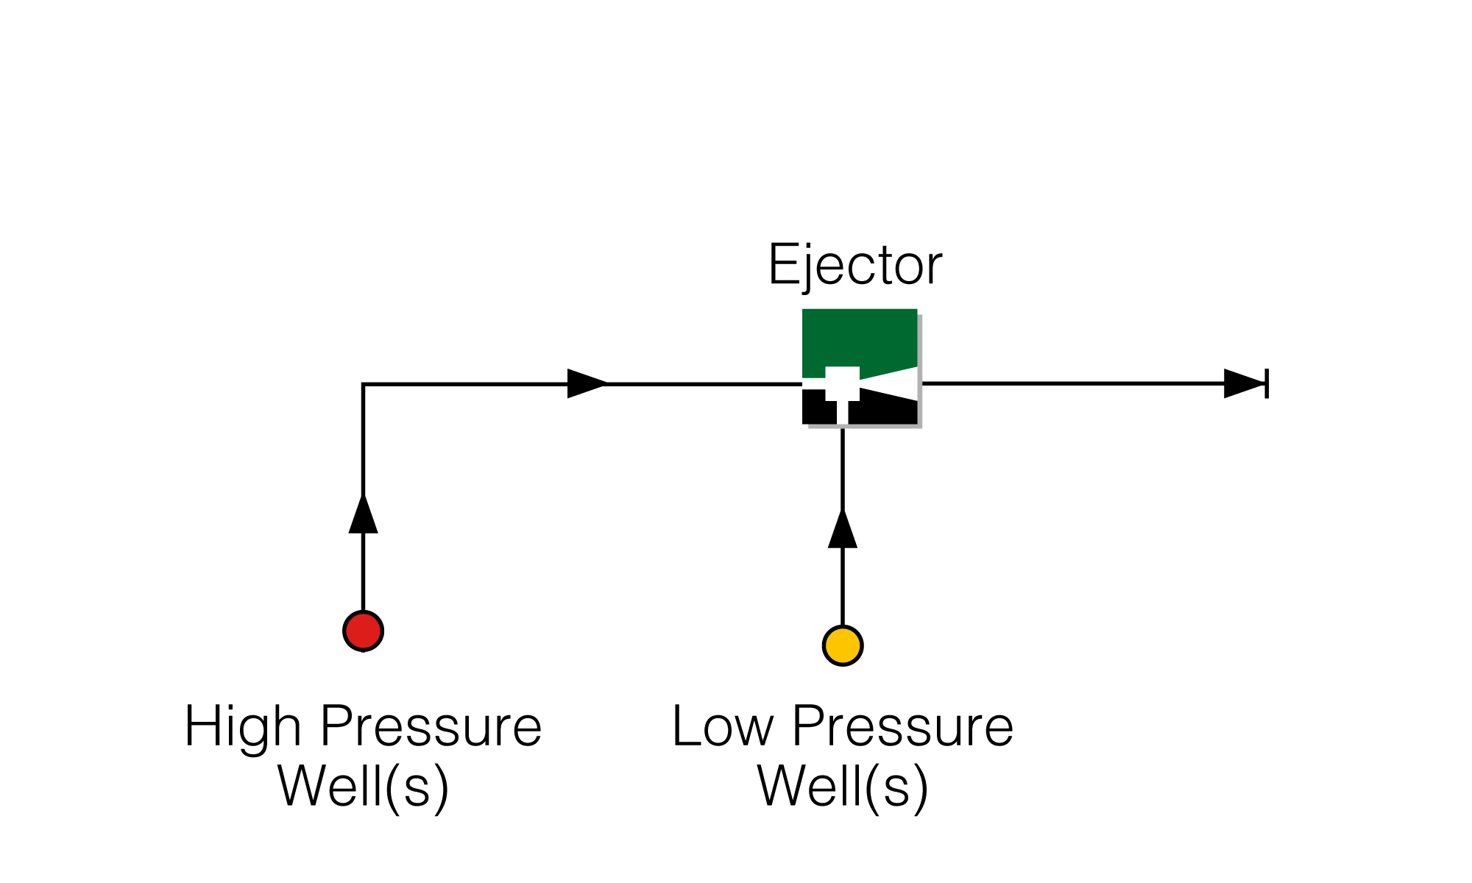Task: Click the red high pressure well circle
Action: (x=363, y=631)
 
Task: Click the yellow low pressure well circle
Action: (x=842, y=646)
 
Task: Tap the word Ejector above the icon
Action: (x=854, y=265)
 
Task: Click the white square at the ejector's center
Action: (x=842, y=383)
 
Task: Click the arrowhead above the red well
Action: (x=363, y=515)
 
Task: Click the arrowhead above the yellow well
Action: (x=842, y=530)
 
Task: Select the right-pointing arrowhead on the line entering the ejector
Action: (x=586, y=383)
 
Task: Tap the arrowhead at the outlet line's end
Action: (x=1242, y=383)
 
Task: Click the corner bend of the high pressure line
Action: (x=363, y=384)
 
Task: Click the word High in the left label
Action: (x=242, y=727)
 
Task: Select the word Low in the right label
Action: (x=723, y=727)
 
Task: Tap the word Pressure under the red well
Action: (x=431, y=727)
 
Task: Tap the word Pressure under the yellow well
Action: (x=902, y=727)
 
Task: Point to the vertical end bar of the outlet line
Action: (x=1267, y=383)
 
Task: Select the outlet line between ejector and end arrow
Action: (x=1067, y=383)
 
